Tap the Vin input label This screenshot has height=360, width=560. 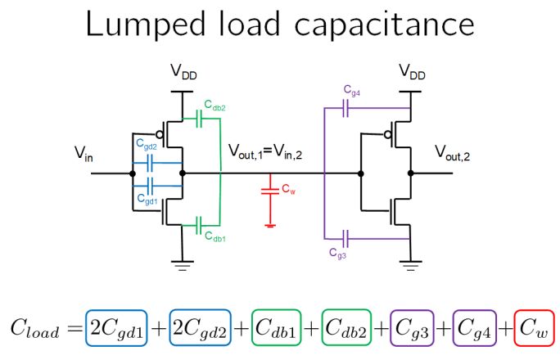pos(84,153)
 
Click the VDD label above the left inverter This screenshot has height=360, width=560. pos(183,74)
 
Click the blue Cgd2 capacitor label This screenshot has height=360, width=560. pos(146,146)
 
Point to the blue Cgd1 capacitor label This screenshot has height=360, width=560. pos(146,198)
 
